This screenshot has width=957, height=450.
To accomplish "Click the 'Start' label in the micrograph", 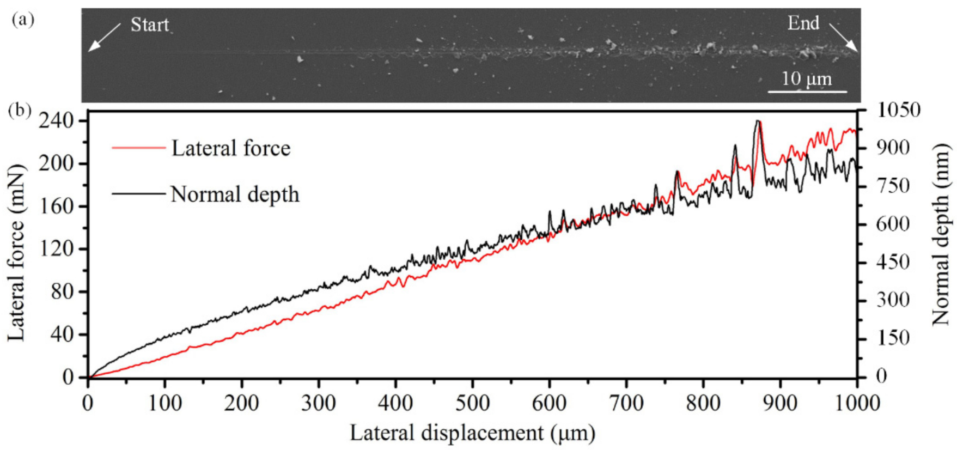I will click(x=149, y=25).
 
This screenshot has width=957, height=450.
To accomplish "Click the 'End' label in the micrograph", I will click(x=803, y=23).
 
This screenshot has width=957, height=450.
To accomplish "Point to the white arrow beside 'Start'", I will click(x=104, y=37).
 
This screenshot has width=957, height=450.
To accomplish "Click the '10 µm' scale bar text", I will click(x=807, y=78).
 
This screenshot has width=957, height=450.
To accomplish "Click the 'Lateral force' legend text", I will click(x=231, y=148).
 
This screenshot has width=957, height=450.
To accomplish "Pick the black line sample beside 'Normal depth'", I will click(x=138, y=193).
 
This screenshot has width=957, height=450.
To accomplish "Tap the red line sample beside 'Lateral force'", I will click(x=138, y=148).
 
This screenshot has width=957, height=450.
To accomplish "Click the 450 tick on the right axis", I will click(x=893, y=262).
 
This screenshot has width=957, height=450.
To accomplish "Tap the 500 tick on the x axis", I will click(x=472, y=404).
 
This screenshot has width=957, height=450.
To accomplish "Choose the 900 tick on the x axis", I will click(x=780, y=404).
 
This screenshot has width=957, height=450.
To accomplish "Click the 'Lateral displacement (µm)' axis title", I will click(x=472, y=434).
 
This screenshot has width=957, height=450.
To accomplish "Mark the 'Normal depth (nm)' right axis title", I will click(x=941, y=234).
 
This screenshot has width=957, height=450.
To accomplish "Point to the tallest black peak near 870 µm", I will click(x=758, y=121).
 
